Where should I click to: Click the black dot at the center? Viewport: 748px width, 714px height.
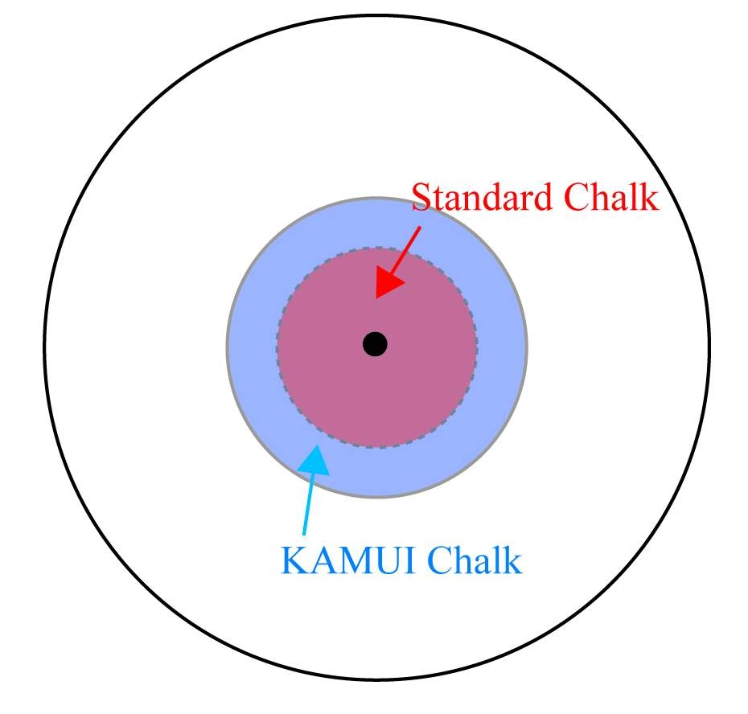coord(375,344)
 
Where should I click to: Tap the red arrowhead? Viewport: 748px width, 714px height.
coord(388,283)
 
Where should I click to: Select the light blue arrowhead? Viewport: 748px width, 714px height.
coord(314,460)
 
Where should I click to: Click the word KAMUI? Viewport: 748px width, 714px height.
coord(347,560)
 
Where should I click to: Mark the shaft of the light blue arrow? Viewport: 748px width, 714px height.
coord(308,504)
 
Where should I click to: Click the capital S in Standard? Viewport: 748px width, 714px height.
coord(421,197)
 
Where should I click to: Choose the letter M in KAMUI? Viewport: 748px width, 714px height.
coord(351,560)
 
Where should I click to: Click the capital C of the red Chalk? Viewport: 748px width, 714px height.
coord(576,198)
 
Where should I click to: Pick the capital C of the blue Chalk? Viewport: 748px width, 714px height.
coord(438,560)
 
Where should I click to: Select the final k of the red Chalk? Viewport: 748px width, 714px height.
coord(650,196)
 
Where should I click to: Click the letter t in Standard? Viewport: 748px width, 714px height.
coord(437,199)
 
